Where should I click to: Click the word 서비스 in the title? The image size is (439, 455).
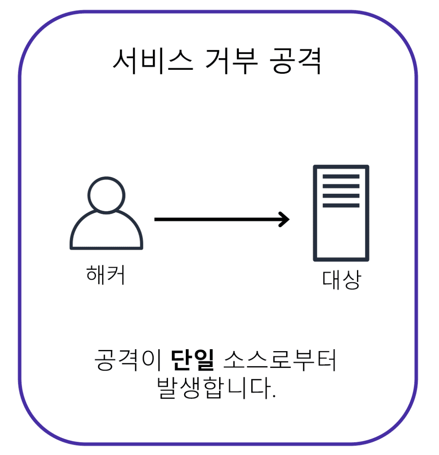pos(153,61)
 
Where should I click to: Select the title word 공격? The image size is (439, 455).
pos(296,61)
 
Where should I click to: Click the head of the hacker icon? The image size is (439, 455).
pos(106,195)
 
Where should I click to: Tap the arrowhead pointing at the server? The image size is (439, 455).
pos(285,219)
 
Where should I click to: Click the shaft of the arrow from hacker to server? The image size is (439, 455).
pos(218,219)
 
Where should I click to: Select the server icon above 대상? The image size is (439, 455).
pos(341,213)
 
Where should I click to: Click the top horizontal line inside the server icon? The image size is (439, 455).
pos(341,176)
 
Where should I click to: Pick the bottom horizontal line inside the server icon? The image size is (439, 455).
pos(341,205)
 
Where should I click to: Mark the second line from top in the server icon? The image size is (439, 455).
pos(341,186)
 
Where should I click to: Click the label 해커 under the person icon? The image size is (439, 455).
pos(106,274)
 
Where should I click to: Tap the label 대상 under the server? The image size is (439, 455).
pos(341,279)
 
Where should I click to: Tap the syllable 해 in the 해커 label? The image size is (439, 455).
pos(96,274)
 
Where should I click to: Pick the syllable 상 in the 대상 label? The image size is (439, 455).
pos(351,279)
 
